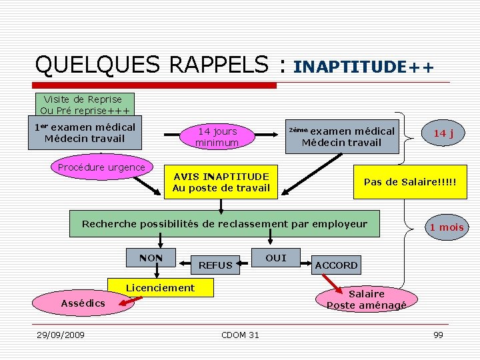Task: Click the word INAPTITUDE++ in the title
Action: pyautogui.click(x=363, y=67)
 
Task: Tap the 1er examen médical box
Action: pyautogui.click(x=85, y=133)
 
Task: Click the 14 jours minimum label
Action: pyautogui.click(x=216, y=137)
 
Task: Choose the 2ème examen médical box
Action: pyautogui.click(x=343, y=136)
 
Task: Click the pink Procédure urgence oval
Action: pyautogui.click(x=101, y=168)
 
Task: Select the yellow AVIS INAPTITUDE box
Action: pyautogui.click(x=221, y=182)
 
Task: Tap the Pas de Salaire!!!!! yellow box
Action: pyautogui.click(x=410, y=182)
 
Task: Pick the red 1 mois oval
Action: pyautogui.click(x=446, y=227)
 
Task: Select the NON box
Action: pyautogui.click(x=151, y=257)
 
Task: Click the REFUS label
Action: pyautogui.click(x=215, y=265)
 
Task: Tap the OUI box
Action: pyautogui.click(x=275, y=258)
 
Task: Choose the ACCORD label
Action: pyautogui.click(x=336, y=265)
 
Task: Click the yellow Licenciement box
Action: pyautogui.click(x=160, y=288)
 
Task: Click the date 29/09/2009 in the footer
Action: pyautogui.click(x=60, y=335)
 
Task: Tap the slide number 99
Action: pyautogui.click(x=438, y=335)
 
